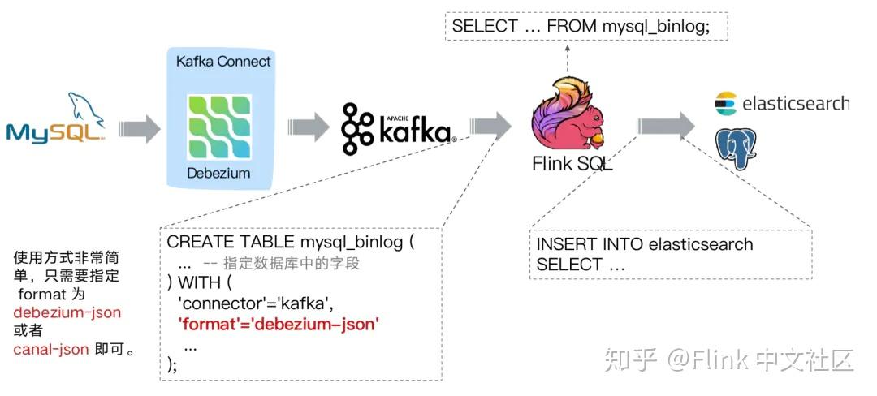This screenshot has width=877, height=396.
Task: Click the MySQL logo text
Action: (55, 131)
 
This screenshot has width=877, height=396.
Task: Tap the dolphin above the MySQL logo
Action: (84, 106)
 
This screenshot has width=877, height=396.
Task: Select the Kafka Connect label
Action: (223, 62)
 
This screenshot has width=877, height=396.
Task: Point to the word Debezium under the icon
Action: (218, 173)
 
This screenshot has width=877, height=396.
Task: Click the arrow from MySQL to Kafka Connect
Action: (139, 128)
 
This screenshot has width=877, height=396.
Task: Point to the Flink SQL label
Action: (572, 164)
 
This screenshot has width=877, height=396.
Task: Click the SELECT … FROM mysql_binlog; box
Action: (586, 26)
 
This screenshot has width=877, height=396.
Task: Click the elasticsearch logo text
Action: (795, 103)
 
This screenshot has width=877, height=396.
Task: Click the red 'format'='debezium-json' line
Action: (279, 325)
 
